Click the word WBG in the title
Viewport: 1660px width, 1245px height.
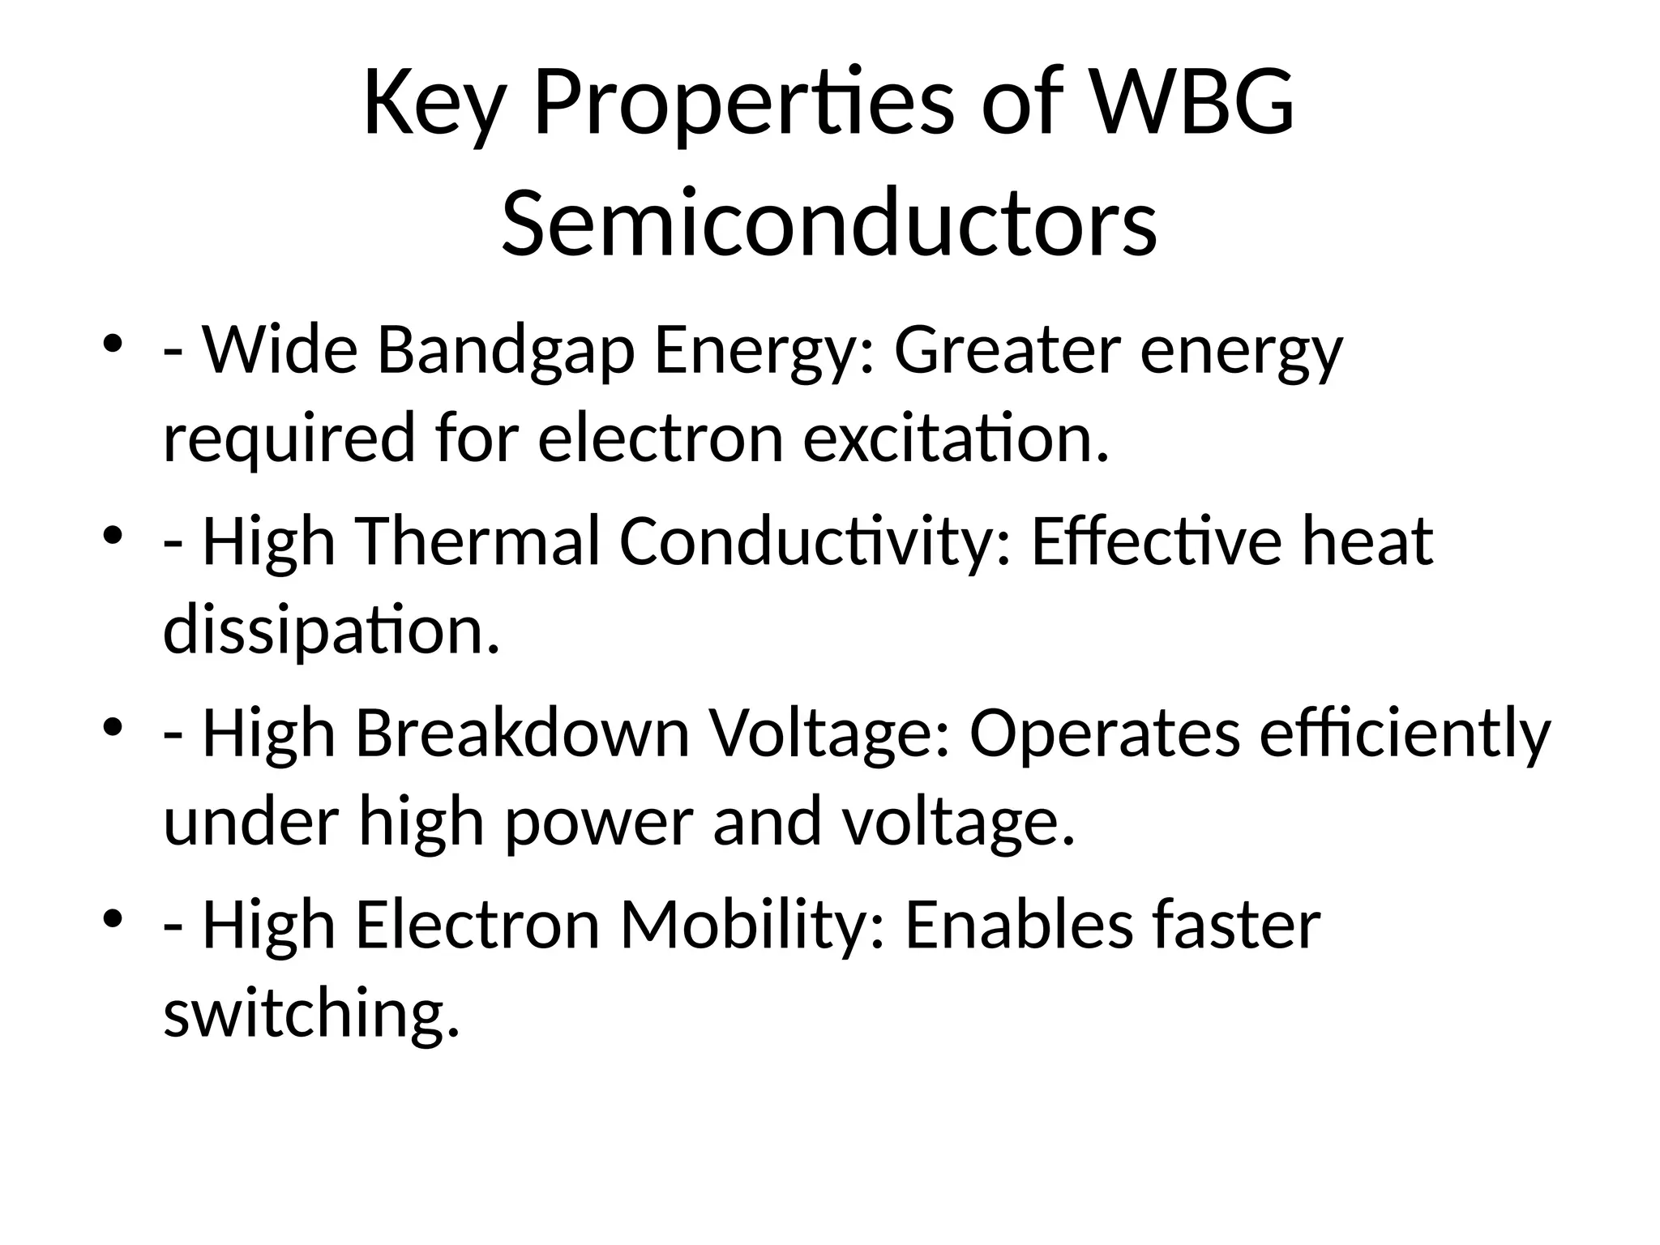coord(1193,104)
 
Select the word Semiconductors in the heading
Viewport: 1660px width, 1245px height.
coord(829,222)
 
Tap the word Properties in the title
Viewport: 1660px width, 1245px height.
coord(743,104)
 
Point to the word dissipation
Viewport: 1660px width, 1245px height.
coord(332,631)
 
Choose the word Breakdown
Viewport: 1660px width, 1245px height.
coord(522,734)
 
